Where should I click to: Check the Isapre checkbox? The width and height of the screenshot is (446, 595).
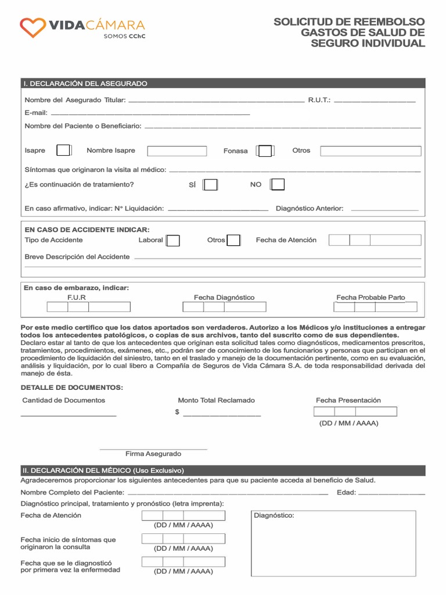(x=64, y=150)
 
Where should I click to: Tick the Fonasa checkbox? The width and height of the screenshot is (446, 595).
(x=265, y=151)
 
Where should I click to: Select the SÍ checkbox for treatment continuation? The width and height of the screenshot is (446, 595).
(x=210, y=185)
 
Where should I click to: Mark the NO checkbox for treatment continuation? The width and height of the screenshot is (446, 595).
(x=278, y=185)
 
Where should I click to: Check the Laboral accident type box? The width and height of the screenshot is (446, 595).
(x=172, y=241)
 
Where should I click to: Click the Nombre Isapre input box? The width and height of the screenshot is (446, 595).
(x=177, y=151)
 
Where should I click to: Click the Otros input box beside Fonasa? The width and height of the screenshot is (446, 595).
(x=371, y=151)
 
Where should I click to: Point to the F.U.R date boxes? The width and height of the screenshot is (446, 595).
(x=88, y=307)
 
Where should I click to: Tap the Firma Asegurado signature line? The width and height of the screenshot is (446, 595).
(x=153, y=449)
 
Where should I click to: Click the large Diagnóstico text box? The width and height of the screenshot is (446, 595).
(x=333, y=543)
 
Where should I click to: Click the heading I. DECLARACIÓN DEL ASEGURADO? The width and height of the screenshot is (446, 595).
(x=85, y=84)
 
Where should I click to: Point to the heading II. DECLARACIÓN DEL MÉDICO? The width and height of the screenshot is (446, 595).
(x=102, y=470)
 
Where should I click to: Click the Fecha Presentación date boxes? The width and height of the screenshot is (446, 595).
(x=355, y=412)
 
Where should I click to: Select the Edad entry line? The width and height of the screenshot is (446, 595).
(x=391, y=494)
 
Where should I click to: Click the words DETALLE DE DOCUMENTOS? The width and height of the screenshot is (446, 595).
(x=72, y=388)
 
